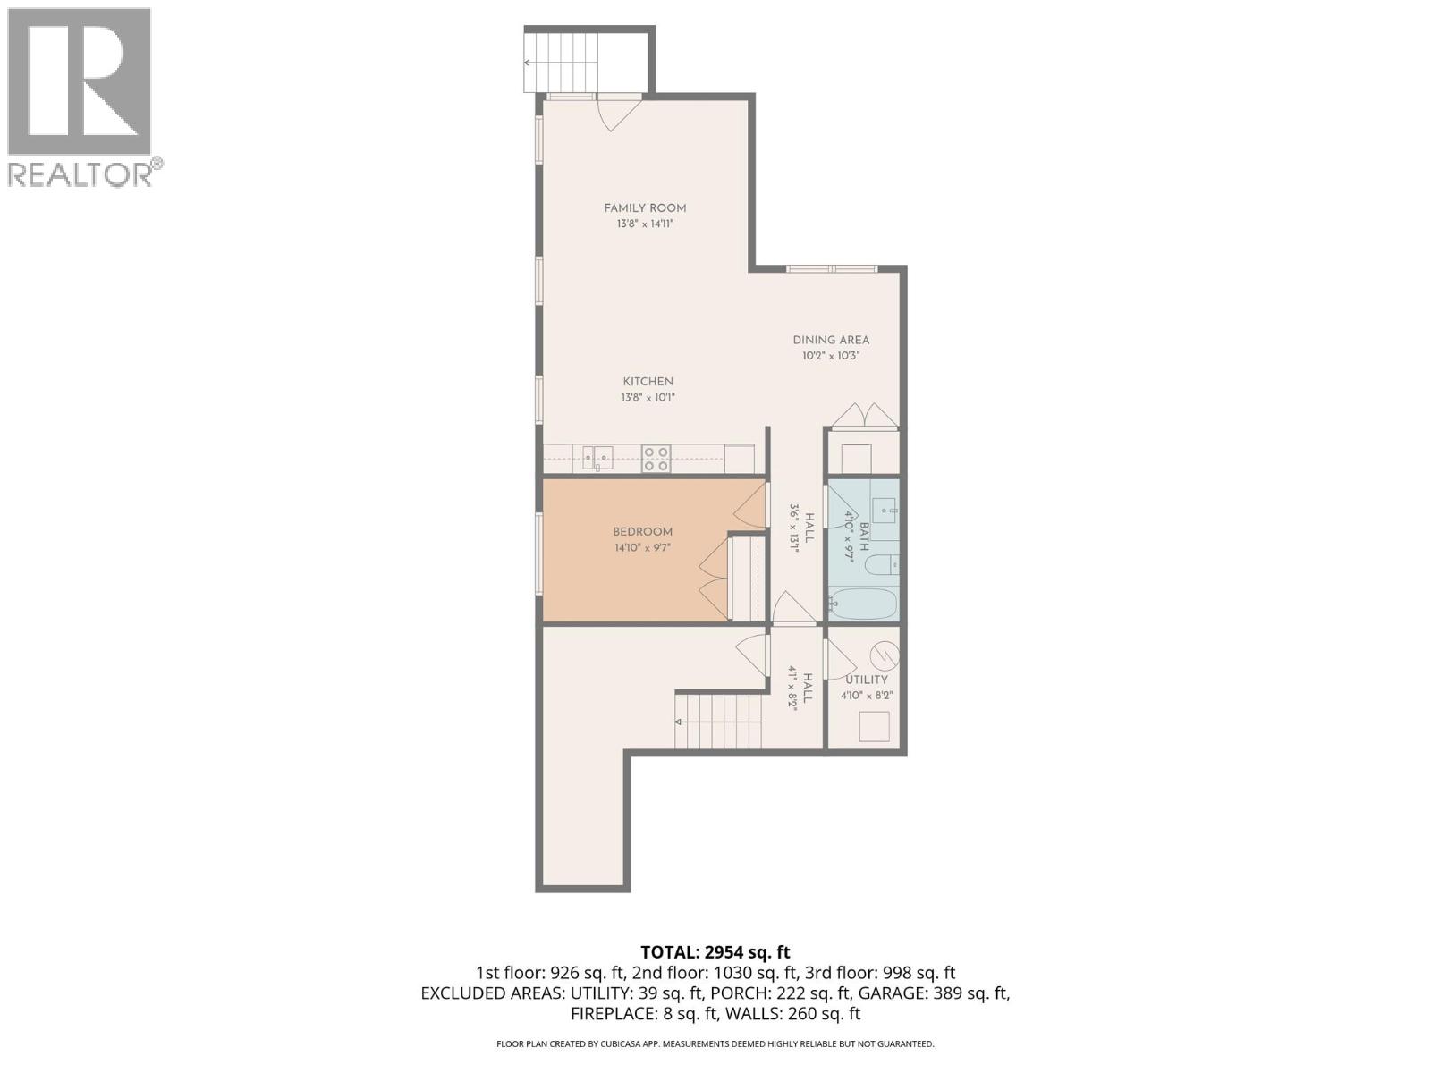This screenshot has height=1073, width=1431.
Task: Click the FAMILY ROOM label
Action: coord(645,208)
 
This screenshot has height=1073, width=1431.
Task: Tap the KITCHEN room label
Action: coord(648,382)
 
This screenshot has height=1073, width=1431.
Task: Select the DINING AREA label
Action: coord(831,340)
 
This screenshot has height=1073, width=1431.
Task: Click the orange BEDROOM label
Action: coord(642,532)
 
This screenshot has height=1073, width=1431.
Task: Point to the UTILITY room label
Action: coord(866,680)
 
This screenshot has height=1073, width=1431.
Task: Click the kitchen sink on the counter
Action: coord(597,459)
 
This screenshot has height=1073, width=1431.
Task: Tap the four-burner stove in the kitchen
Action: coord(656,459)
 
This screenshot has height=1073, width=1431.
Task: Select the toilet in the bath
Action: coord(886,565)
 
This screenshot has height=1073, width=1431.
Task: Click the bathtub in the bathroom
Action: coord(862,604)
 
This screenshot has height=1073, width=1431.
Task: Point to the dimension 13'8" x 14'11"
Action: coord(645,224)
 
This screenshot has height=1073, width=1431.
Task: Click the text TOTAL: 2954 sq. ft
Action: coord(715,952)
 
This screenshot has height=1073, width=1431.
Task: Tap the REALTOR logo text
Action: coord(80,173)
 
